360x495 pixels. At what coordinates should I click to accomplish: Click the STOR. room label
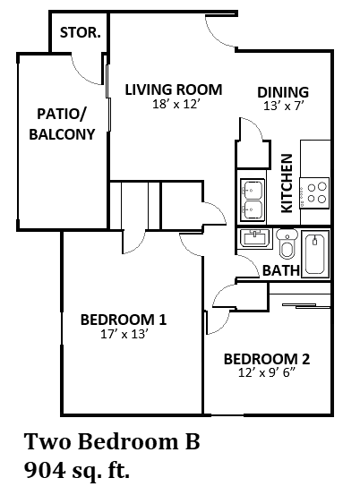click(81, 33)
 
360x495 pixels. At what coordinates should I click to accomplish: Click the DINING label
click(283, 92)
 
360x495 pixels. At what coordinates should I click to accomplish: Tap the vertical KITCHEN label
click(287, 183)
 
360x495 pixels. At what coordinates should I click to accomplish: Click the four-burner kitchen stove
click(316, 192)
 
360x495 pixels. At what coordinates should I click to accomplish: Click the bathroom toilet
click(287, 244)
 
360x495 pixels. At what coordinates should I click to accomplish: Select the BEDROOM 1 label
click(124, 320)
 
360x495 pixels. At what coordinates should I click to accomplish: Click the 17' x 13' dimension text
click(124, 336)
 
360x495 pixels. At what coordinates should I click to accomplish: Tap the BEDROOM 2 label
click(267, 360)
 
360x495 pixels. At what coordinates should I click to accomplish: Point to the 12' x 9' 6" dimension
click(267, 375)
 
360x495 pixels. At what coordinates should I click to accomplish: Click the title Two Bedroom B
click(111, 441)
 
